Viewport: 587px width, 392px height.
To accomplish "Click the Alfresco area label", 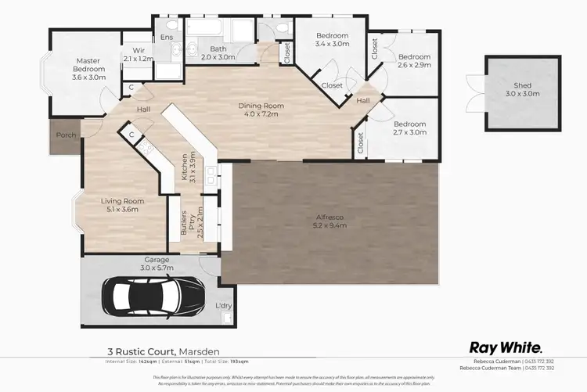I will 329,221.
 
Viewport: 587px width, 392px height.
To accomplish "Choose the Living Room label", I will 120,204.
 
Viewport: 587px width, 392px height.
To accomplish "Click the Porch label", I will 66,135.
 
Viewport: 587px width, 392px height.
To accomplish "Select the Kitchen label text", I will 187,167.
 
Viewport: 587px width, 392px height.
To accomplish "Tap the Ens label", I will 167,37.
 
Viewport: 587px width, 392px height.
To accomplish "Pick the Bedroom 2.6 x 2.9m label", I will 414,61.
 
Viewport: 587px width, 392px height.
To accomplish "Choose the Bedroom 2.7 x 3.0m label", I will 409,128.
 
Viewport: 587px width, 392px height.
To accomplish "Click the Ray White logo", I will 506,347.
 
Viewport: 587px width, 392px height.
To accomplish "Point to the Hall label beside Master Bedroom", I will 143,110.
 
